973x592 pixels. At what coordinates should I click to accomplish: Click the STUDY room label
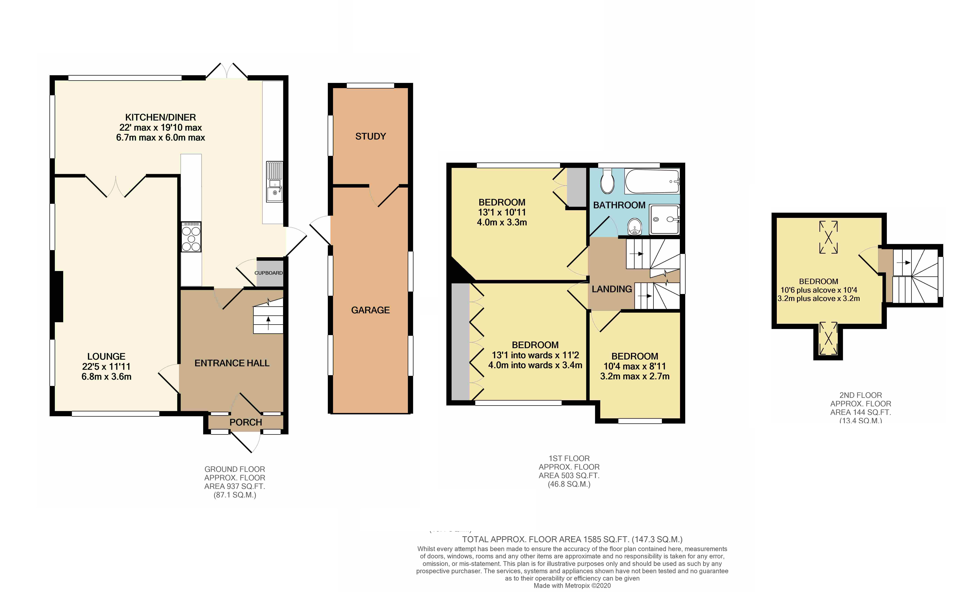click(370, 136)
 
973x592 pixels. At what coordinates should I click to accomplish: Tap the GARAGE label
click(370, 310)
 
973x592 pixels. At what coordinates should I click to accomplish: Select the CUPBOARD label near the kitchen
click(268, 273)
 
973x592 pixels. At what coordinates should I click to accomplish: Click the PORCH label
click(246, 422)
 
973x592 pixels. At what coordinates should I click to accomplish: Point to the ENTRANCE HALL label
click(232, 363)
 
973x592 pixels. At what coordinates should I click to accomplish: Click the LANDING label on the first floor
click(612, 289)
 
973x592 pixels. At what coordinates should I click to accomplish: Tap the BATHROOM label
click(619, 205)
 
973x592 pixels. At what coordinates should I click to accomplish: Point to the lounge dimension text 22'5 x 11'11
click(106, 366)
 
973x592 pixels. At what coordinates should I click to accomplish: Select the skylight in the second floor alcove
click(828, 338)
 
